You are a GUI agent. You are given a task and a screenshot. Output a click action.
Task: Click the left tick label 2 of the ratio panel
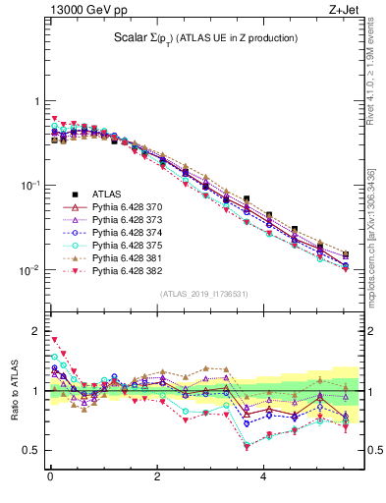[x=35, y=331]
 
